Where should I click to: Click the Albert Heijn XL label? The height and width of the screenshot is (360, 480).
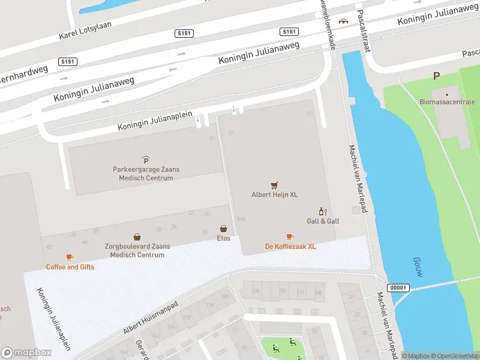coord(274,194)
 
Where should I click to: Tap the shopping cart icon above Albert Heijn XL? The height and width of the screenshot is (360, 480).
coord(274,185)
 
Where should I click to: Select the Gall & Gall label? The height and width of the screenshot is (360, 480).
coord(323,221)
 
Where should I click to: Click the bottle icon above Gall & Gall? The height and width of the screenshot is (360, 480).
coord(322,211)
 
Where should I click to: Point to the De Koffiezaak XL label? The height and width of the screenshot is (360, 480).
coord(290,247)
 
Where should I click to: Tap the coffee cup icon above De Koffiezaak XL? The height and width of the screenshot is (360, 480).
coord(290,236)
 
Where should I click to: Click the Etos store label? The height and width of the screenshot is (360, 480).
coord(223,238)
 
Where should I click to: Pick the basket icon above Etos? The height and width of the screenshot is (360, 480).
coord(223,229)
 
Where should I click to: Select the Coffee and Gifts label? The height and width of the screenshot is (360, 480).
coord(70,267)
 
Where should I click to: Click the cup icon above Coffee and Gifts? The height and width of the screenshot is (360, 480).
coord(70,257)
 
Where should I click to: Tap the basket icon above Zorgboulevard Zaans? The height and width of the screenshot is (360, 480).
coord(137,237)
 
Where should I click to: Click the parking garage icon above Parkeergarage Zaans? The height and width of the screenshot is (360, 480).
coord(146,160)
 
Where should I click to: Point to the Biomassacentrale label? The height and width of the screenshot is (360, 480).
coord(446,103)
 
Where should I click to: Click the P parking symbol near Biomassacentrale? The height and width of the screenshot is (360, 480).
coord(436,76)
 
